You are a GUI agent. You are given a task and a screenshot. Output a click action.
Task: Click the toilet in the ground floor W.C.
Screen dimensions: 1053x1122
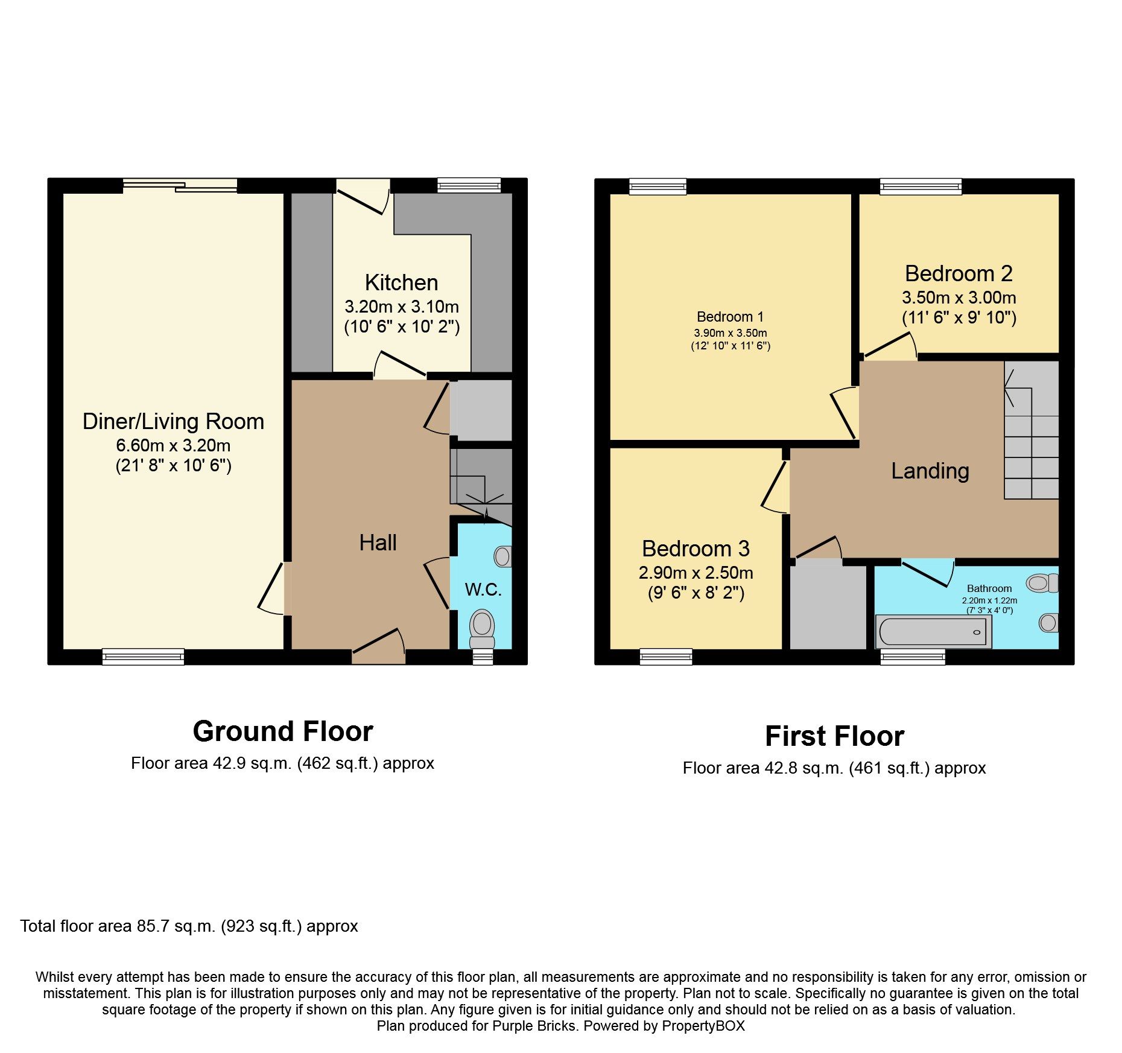click(x=482, y=628)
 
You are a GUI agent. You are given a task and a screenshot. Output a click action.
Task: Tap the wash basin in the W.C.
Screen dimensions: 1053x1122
click(x=502, y=556)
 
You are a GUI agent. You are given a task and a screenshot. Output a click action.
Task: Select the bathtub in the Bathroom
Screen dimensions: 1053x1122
click(x=933, y=632)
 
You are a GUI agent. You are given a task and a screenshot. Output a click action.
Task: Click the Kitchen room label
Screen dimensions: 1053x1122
click(x=401, y=282)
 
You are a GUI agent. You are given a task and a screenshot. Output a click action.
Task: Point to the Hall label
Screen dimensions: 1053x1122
click(x=378, y=542)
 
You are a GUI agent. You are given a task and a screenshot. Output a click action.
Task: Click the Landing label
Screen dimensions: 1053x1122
click(x=930, y=471)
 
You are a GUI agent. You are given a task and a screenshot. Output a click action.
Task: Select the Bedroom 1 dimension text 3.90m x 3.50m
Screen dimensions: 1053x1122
click(x=730, y=333)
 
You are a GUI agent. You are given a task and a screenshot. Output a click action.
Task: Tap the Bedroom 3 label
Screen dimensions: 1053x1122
click(x=696, y=549)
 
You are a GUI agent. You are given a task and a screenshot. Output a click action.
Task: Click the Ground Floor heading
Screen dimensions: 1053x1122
click(x=282, y=731)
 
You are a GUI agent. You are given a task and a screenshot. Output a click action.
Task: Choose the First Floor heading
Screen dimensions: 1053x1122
click(x=834, y=736)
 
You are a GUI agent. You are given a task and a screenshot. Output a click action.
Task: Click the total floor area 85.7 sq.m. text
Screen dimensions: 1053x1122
click(x=189, y=926)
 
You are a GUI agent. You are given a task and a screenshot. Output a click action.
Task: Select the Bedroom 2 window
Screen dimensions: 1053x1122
click(x=921, y=186)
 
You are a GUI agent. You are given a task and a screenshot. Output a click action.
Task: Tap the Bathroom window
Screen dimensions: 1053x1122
click(x=912, y=657)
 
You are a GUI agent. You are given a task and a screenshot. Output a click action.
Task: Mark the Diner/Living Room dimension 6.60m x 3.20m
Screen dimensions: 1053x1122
click(x=173, y=445)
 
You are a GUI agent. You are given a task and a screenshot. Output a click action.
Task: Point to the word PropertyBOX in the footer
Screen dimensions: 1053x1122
click(x=703, y=1026)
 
